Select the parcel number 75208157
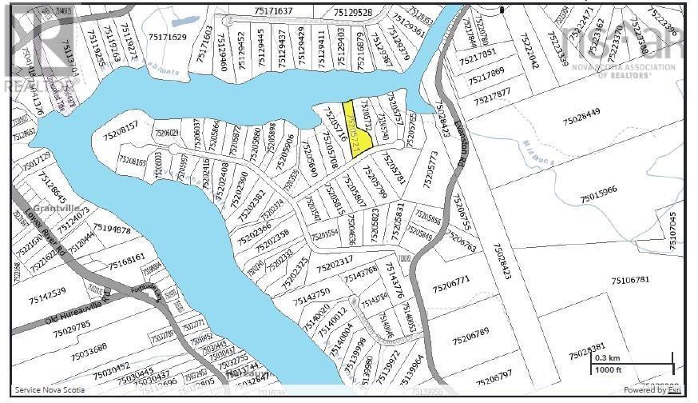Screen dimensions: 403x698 (x=120, y=125)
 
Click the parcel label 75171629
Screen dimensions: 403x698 (x=166, y=37)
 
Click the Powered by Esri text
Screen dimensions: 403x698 (x=652, y=391)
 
